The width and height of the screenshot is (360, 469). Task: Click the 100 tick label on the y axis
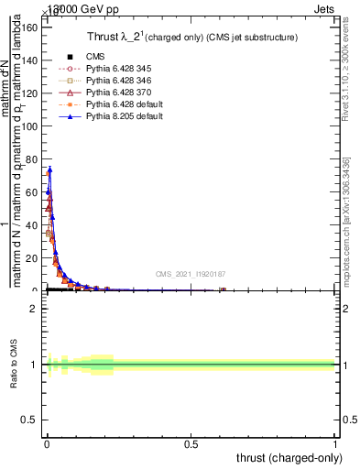30,125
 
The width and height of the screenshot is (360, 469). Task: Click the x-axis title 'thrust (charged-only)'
289,457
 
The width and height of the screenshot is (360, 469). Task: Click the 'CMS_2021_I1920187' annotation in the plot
191,274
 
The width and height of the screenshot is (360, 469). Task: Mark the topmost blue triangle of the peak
49,169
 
